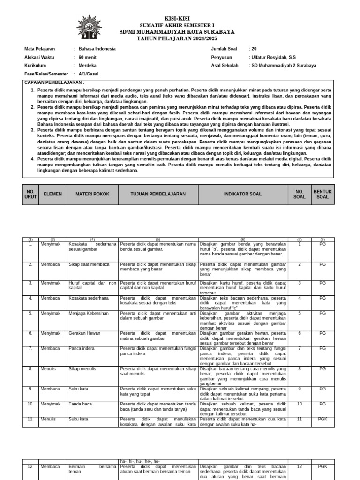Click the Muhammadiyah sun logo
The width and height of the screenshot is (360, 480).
(x=89, y=27)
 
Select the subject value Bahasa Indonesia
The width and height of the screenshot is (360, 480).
(x=97, y=49)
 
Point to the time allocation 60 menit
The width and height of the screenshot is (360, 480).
(x=88, y=57)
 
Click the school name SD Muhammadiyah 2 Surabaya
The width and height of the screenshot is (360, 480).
(x=284, y=66)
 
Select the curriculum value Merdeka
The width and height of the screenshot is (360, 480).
(x=88, y=66)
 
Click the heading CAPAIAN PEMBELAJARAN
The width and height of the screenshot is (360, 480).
(x=54, y=82)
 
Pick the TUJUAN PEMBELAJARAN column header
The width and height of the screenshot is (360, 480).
(x=158, y=194)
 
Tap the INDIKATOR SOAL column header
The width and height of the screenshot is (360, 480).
(x=242, y=194)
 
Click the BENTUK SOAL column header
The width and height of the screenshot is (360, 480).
(x=322, y=194)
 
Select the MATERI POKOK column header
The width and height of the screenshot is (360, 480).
(x=92, y=194)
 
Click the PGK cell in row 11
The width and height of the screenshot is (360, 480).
(x=322, y=419)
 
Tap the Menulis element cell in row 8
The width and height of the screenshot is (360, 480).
(x=48, y=369)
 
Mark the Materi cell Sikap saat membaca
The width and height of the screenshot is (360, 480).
(x=89, y=264)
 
